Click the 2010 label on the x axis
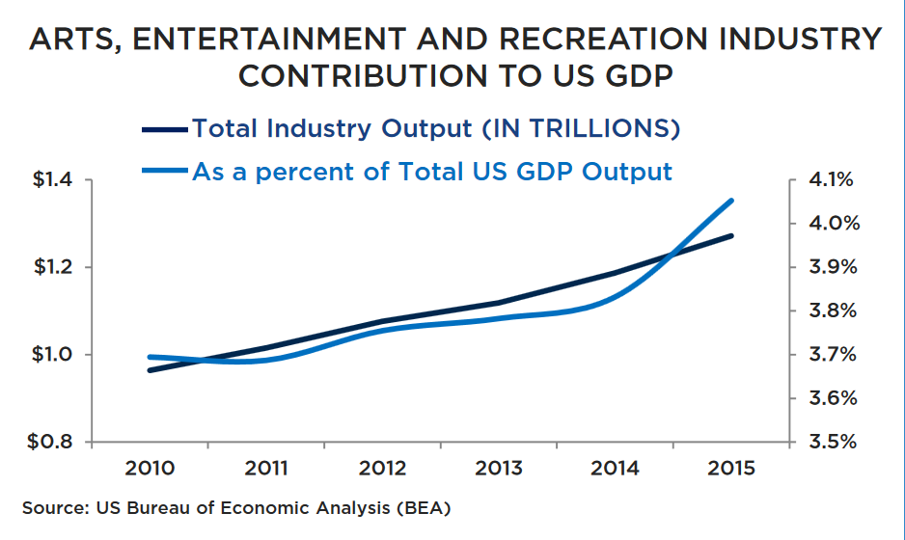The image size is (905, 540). click(150, 469)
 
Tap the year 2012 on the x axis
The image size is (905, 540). click(382, 469)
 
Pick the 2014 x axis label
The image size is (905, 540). click(615, 469)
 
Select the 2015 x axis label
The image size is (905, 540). click(730, 469)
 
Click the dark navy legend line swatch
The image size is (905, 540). click(164, 128)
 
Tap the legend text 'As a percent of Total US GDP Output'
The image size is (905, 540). click(431, 173)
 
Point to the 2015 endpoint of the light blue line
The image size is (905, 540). click(731, 201)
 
